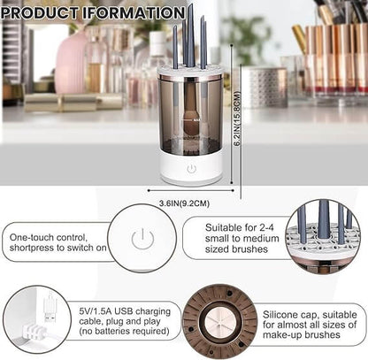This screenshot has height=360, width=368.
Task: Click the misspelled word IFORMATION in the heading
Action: tap(132, 13)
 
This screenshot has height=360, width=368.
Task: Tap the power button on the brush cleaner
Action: tap(191, 168)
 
